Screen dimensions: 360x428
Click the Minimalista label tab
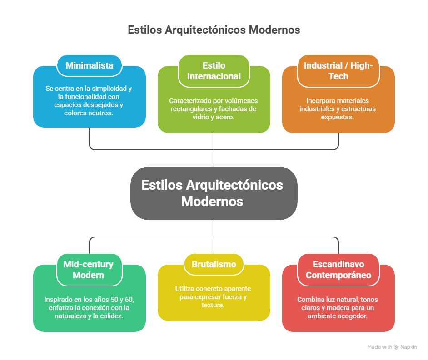[90, 65]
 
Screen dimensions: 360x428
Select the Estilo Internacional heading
[214, 71]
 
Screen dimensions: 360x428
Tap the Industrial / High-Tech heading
[338, 71]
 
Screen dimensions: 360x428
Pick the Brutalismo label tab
[214, 264]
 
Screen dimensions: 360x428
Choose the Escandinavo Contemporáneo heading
[338, 270]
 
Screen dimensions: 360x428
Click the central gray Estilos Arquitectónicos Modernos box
[214, 193]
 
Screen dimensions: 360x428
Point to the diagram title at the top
[214, 30]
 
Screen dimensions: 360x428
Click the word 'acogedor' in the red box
[355, 316]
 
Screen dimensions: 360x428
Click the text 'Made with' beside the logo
[380, 347]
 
